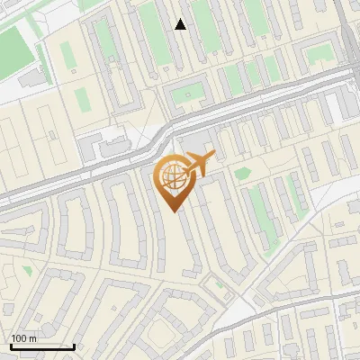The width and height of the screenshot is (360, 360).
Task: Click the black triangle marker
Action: pyautogui.click(x=181, y=24)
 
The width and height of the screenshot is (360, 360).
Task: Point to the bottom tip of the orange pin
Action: pyautogui.click(x=175, y=211)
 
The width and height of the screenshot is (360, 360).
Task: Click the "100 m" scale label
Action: pyautogui.click(x=23, y=338)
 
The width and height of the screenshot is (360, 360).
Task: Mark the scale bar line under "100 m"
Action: pyautogui.click(x=42, y=346)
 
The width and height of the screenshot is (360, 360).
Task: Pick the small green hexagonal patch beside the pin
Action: pyautogui.click(x=242, y=173)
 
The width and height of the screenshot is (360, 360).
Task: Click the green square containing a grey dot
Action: pyautogui.click(x=188, y=93)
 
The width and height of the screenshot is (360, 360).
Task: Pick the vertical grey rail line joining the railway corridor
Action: pyautogui.click(x=346, y=36)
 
